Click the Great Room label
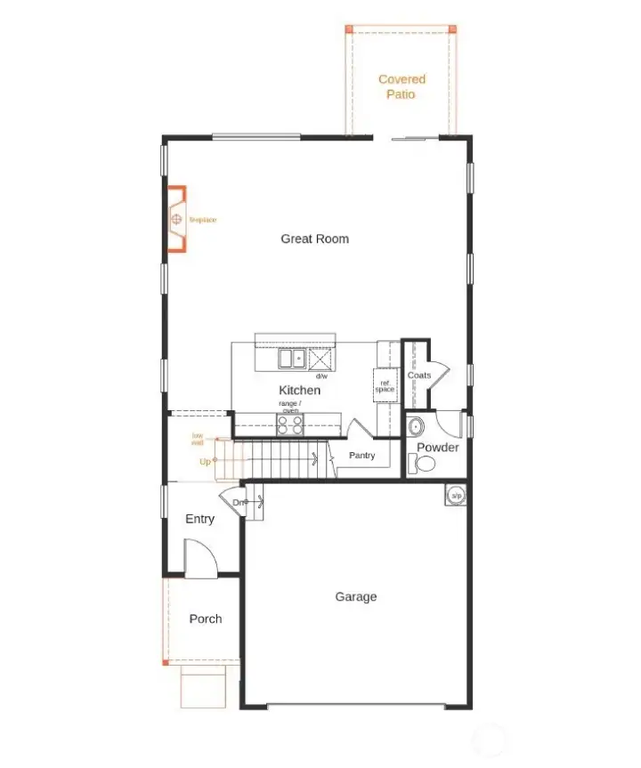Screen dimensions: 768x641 pyautogui.click(x=314, y=238)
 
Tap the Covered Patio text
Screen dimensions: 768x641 pyautogui.click(x=402, y=86)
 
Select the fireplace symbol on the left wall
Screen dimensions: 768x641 pyautogui.click(x=177, y=219)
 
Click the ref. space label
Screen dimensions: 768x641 pyautogui.click(x=385, y=386)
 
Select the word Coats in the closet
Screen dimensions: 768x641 pyautogui.click(x=419, y=376)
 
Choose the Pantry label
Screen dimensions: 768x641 pyautogui.click(x=362, y=456)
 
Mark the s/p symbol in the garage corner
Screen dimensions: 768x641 pyautogui.click(x=456, y=496)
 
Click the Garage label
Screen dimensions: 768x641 pyautogui.click(x=356, y=596)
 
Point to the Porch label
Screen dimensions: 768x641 pyautogui.click(x=206, y=618)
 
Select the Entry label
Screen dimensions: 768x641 pyautogui.click(x=199, y=519)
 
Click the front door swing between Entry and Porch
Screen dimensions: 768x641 pyautogui.click(x=201, y=561)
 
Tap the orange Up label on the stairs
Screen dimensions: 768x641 pyautogui.click(x=206, y=461)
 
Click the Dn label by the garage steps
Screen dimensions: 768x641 pyautogui.click(x=239, y=503)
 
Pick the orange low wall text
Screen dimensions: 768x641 pyautogui.click(x=198, y=439)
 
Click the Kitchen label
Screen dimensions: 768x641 pyautogui.click(x=299, y=390)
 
